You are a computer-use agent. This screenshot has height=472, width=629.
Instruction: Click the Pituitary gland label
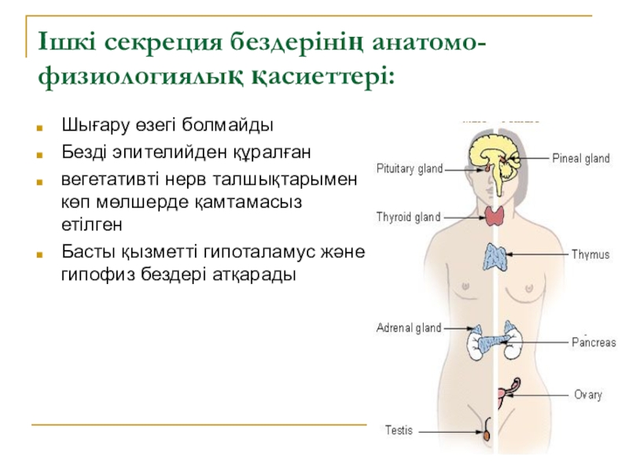click(409, 168)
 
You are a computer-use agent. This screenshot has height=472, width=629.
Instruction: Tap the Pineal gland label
click(580, 159)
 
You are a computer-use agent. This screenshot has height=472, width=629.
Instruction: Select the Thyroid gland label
click(408, 216)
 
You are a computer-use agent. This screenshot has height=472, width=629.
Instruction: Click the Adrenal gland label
click(408, 327)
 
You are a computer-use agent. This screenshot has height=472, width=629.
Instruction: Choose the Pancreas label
click(593, 343)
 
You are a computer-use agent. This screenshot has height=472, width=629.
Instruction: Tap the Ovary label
click(587, 395)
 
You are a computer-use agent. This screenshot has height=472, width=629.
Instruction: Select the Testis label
click(399, 430)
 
